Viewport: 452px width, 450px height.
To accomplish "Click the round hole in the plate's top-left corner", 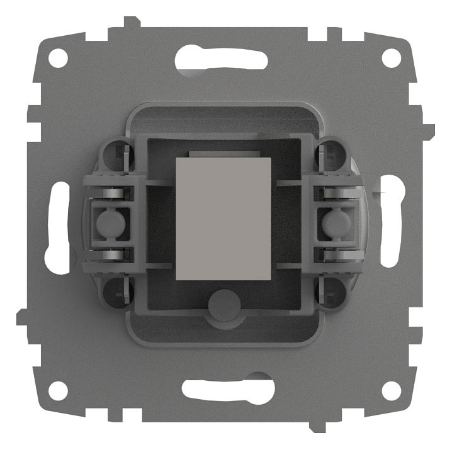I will (58, 58).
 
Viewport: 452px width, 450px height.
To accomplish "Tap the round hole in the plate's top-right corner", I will (391, 58).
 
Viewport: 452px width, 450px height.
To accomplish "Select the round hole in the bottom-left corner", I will (58, 390).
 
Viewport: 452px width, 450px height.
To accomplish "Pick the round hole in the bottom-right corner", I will (391, 390).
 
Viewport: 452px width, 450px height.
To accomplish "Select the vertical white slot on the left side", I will (57, 226).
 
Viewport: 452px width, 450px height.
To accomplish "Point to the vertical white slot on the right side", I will (392, 222).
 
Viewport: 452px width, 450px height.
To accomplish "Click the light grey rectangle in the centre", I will (223, 218).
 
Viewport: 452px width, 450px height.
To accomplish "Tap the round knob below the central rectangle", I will (223, 304).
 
